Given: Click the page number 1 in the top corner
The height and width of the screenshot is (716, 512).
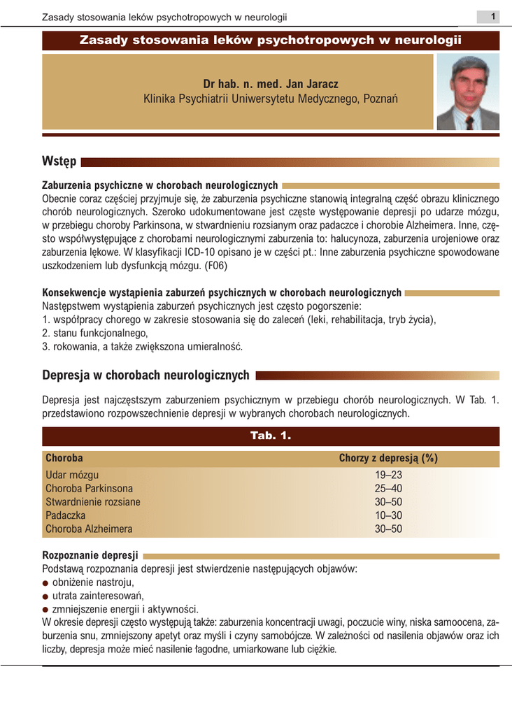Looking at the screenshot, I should coord(492,17).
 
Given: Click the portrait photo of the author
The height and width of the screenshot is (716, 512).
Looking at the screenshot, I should coord(467,93).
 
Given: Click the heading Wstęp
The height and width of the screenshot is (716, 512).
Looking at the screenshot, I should coord(59,162).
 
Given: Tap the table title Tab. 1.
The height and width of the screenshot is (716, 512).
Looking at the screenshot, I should coord(270,436).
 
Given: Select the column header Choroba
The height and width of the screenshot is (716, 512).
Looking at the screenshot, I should coord(64,458).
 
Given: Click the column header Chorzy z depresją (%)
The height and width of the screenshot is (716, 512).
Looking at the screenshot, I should coord(388,458).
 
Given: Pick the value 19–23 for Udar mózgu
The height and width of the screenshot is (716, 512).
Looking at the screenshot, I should coord(389,475).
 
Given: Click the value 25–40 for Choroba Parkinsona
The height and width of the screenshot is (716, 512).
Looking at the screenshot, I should coord(389,489).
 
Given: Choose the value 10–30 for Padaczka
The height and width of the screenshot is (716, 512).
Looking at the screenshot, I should coord(389,515).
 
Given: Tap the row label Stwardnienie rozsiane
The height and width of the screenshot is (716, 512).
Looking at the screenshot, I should coord(92,502).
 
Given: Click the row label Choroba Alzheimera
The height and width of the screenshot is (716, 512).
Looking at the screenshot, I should coord(88,529).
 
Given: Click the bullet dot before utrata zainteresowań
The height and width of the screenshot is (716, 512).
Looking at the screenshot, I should coord(45,596).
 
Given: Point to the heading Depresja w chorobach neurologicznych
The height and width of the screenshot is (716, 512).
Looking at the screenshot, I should coord(145,375).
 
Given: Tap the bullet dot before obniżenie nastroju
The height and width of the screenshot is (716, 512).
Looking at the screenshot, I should coord(45,583).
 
